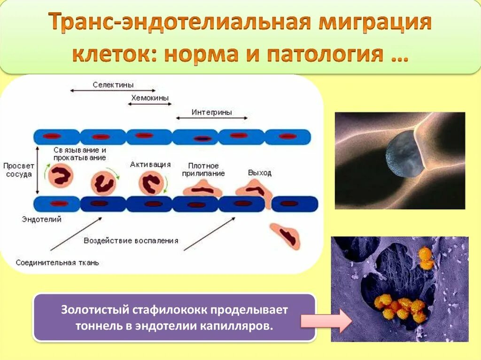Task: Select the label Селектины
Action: coord(113,85)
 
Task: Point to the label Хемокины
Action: coord(149,98)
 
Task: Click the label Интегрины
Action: coord(212,112)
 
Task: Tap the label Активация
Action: coord(150,165)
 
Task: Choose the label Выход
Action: coord(260,173)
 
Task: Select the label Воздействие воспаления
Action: coord(131,240)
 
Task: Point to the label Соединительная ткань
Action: coord(57,262)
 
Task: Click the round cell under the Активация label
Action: coord(152,184)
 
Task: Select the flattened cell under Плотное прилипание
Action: coord(202,190)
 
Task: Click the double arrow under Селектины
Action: coord(113,91)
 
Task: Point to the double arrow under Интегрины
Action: coord(211,118)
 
